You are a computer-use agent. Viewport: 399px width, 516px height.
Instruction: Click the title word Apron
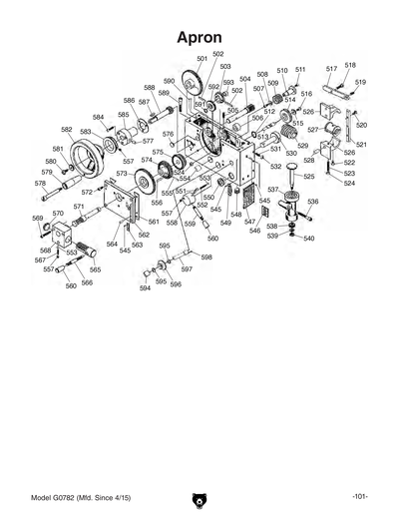[199, 36]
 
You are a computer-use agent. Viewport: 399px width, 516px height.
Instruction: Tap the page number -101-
[361, 496]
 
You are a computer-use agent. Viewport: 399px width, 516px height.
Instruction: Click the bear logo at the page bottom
[199, 500]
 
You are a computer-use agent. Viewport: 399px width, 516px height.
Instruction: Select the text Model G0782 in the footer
[58, 496]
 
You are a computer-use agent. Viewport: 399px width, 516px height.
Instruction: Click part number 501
[202, 60]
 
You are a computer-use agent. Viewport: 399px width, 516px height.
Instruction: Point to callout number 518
[350, 66]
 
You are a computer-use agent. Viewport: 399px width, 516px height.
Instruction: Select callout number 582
[67, 130]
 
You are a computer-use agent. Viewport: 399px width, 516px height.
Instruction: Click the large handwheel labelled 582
[97, 158]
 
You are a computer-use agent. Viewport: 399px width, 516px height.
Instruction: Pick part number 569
[37, 218]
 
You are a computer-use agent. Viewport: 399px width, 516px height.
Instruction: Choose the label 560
[72, 285]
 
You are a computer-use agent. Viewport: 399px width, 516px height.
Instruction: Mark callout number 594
[144, 288]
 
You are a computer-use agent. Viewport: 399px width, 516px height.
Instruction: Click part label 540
[309, 240]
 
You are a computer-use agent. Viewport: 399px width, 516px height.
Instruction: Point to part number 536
[312, 203]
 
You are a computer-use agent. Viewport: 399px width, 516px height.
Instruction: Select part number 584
[99, 117]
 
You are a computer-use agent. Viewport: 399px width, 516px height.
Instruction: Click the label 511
[300, 70]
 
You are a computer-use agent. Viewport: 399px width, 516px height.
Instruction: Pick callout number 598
[206, 258]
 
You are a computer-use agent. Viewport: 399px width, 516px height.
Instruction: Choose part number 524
[349, 184]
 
